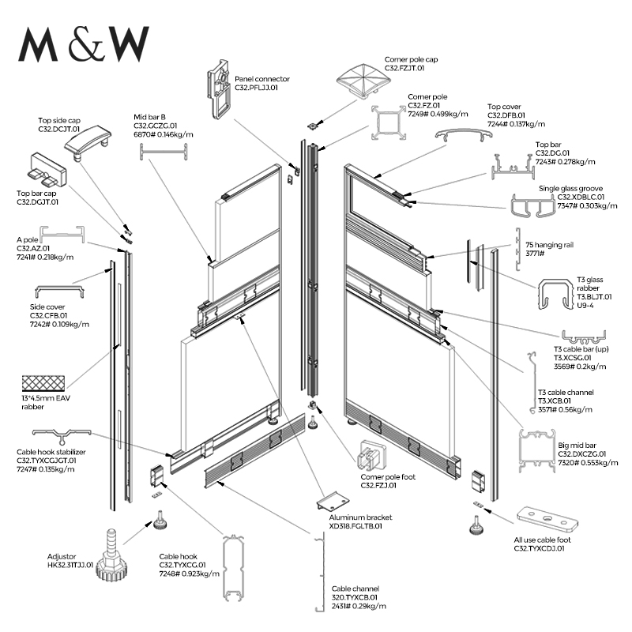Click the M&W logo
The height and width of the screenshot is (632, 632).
pos(84,45)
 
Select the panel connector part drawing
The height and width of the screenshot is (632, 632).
pos(221,91)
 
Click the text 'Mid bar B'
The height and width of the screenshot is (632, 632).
pos(149,117)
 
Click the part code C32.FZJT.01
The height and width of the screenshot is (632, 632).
pos(404,68)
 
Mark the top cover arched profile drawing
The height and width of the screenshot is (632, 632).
pos(459,137)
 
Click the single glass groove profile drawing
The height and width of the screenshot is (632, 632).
pos(532,207)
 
